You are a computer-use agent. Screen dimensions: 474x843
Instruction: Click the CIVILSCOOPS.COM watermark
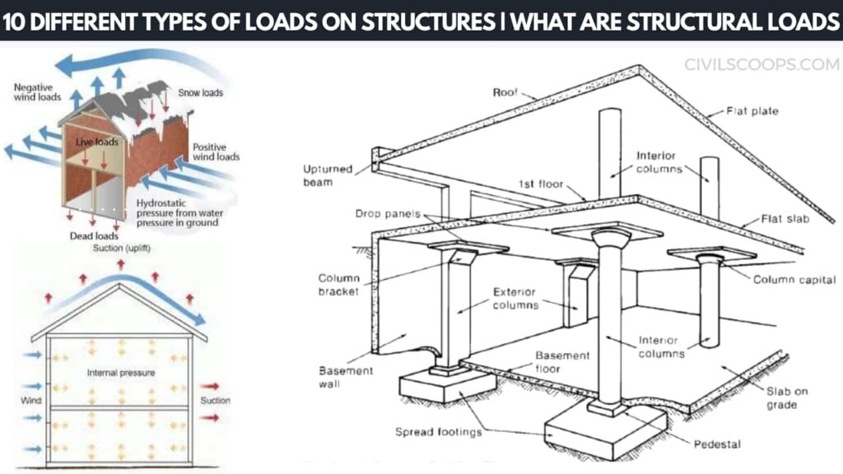[x=761, y=64]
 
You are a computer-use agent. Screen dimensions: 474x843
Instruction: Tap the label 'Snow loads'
[x=201, y=93]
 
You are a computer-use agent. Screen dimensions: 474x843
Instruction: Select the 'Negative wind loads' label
[x=37, y=91]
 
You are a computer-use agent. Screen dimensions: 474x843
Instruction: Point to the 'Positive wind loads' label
[x=216, y=151]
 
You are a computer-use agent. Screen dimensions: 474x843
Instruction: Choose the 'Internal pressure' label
[x=121, y=373]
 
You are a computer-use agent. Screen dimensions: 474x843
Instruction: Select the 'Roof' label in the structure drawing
[x=504, y=92]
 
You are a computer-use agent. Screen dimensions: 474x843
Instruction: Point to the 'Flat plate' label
[x=752, y=110]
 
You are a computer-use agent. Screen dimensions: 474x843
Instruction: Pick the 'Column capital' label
[x=794, y=280]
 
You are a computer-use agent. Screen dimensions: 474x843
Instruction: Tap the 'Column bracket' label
[x=338, y=285]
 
